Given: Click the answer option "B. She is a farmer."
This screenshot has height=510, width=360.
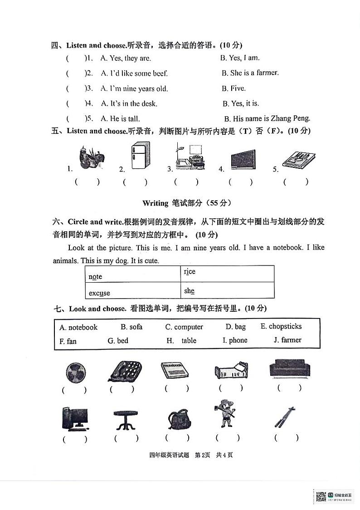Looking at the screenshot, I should click(250, 73).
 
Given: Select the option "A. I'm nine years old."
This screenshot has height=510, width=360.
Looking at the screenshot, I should click(134, 88).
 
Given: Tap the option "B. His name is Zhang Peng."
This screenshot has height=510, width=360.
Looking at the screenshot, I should click(267, 118).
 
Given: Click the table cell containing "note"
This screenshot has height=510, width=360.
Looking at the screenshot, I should click(132, 274).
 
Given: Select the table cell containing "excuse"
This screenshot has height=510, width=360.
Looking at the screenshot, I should click(132, 290).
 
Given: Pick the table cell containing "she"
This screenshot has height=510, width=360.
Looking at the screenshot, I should click(227, 290).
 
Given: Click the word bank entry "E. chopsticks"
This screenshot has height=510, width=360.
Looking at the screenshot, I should click(281, 326).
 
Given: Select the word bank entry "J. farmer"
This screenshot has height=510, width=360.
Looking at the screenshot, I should click(287, 340).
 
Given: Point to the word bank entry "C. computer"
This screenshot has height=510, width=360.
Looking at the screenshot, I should click(184, 327).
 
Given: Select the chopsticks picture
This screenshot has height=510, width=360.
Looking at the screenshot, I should click(285, 417).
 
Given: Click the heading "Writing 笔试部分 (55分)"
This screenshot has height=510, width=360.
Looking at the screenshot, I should click(184, 203).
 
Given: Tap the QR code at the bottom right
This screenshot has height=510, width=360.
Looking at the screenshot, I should click(321, 497).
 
